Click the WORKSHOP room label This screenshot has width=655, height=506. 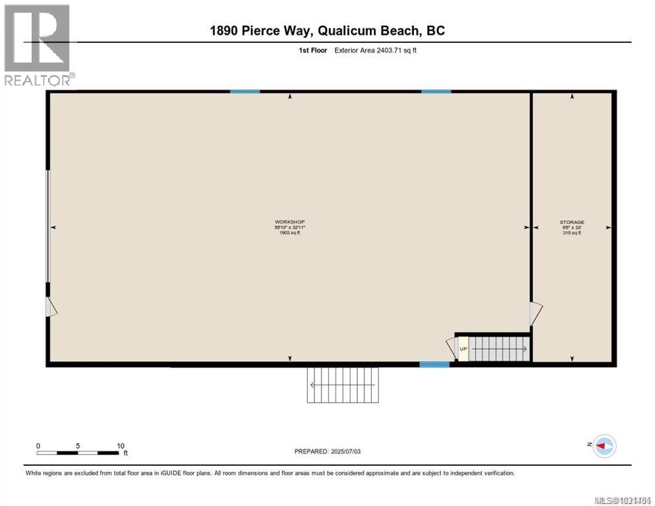pos(290,221)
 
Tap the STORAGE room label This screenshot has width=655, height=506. pos(571,222)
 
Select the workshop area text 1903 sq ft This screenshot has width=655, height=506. pos(290,233)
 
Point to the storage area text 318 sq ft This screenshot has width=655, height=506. pos(571,233)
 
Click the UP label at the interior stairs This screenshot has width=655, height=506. pos(463,349)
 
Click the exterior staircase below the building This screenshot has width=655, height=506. pos(343,384)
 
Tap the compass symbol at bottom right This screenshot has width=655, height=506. pos(604,446)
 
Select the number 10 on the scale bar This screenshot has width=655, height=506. pos(120,445)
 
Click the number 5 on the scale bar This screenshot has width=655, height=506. pos(78,445)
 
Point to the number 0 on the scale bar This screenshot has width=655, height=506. pos(38,445)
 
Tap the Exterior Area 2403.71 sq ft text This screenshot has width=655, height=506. pos(376,50)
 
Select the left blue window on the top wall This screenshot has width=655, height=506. pos(244,92)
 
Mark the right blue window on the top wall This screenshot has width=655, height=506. pos(436,92)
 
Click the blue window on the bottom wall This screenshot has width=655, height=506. pos(434,364)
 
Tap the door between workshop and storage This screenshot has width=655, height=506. pos(536,313)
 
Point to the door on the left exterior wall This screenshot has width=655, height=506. pos(51,306)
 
